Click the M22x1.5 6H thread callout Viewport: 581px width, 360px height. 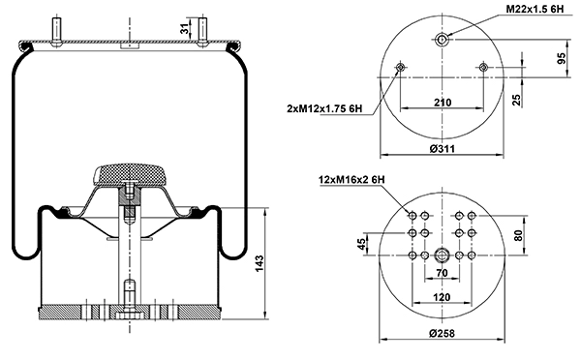click(x=535, y=10)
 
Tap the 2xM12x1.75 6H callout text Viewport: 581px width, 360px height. click(x=324, y=108)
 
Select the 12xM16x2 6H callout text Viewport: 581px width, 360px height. click(x=352, y=180)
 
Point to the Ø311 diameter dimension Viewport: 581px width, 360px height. click(x=443, y=149)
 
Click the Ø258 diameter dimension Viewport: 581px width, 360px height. click(x=443, y=333)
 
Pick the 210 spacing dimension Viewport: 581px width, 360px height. click(x=443, y=103)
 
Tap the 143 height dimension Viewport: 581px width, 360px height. click(x=260, y=263)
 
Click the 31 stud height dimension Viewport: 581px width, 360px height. click(x=185, y=28)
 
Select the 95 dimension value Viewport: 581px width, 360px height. click(x=562, y=58)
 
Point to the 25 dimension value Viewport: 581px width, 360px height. click(x=516, y=100)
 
